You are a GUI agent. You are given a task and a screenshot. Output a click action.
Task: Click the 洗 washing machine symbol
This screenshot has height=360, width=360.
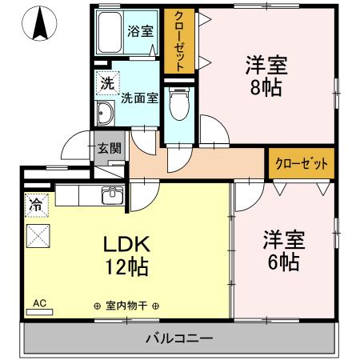click(106, 82)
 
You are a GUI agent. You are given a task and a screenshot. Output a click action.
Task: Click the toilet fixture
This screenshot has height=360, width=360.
click(179, 103)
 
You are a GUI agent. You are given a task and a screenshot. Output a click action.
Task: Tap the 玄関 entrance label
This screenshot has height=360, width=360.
click(109, 148)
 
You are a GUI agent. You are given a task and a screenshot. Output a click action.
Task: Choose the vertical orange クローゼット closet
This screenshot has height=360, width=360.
click(179, 42)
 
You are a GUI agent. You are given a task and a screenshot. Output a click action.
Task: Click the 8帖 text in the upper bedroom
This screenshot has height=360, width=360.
click(266, 86)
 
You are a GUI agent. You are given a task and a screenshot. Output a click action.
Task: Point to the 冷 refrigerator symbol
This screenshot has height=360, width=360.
click(36, 205)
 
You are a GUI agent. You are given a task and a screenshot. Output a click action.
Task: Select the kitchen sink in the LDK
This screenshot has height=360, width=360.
click(112, 195)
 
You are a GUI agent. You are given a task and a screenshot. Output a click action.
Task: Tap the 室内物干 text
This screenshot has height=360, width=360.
click(125, 306)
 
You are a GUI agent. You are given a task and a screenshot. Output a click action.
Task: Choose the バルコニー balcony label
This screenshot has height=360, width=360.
click(179, 338)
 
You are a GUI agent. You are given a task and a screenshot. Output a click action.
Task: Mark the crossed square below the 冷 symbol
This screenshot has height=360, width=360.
click(38, 236)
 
